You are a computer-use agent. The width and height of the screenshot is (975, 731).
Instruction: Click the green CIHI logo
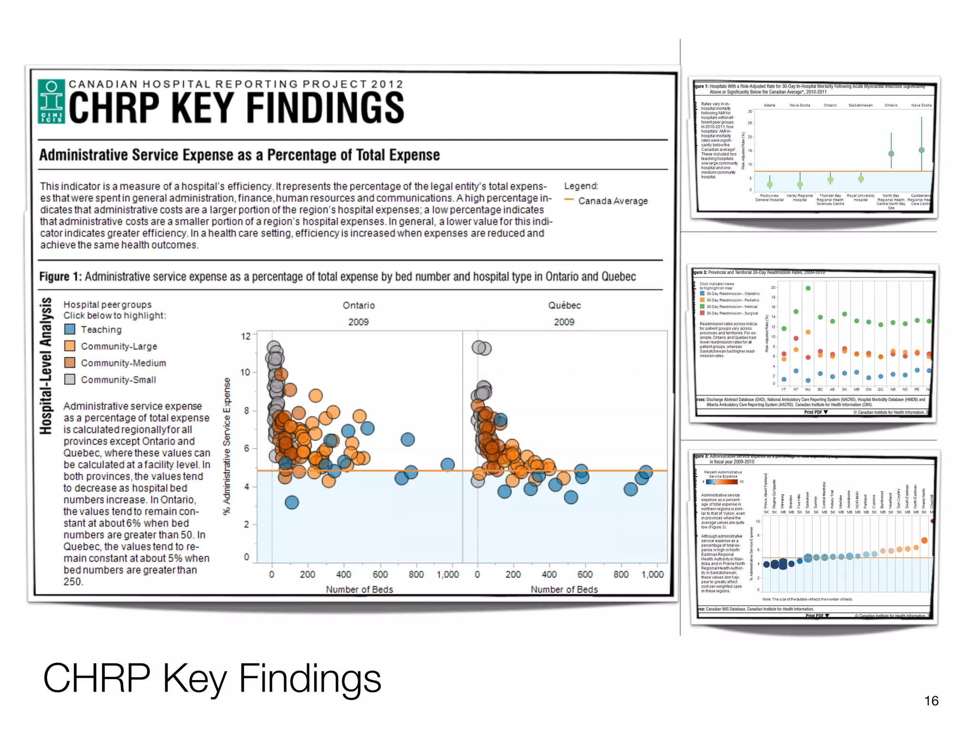pyautogui.click(x=51, y=101)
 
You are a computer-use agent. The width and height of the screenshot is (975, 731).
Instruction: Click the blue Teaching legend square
pyautogui.click(x=70, y=329)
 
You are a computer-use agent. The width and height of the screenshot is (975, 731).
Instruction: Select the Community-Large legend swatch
pyautogui.click(x=70, y=346)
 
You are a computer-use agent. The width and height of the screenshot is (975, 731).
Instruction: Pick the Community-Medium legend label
pyautogui.click(x=123, y=363)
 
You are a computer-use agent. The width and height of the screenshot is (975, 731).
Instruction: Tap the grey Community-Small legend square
pyautogui.click(x=70, y=379)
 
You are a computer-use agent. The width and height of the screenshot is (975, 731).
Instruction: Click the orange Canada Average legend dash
pyautogui.click(x=568, y=200)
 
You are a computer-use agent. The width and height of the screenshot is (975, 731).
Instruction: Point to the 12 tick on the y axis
pyautogui.click(x=246, y=336)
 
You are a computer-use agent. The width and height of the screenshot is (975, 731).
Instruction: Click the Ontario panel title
pyautogui.click(x=358, y=306)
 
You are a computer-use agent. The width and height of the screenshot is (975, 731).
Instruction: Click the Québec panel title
pyautogui.click(x=564, y=306)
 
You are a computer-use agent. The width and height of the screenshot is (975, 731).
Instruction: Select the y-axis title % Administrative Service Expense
pyautogui.click(x=227, y=446)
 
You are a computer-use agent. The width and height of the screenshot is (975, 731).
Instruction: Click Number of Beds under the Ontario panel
pyautogui.click(x=359, y=589)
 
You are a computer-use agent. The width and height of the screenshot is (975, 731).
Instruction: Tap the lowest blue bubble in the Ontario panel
pyautogui.click(x=292, y=502)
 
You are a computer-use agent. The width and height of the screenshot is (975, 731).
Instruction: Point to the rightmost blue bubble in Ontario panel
pyautogui.click(x=448, y=464)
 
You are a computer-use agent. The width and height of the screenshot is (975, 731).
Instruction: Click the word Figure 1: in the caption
pyautogui.click(x=60, y=277)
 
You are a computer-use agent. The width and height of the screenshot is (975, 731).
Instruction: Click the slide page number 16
pyautogui.click(x=931, y=701)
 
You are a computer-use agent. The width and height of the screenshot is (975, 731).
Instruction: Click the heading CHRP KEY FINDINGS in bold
pyautogui.click(x=237, y=108)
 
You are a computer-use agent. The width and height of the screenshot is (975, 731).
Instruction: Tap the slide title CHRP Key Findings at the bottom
pyautogui.click(x=212, y=678)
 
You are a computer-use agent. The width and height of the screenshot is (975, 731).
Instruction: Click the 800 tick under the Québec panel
pyautogui.click(x=621, y=574)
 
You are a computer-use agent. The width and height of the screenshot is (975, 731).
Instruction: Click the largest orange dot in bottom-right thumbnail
pyautogui.click(x=924, y=540)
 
